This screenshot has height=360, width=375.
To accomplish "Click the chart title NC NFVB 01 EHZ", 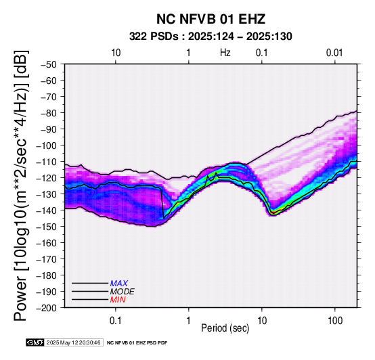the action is tap(211, 19).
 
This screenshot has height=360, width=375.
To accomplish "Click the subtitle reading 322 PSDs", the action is tap(154, 37).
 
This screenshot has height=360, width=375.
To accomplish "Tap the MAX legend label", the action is tap(119, 284).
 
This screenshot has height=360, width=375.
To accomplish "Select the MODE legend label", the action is tap(123, 292).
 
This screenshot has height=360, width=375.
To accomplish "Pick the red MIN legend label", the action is tap(118, 300).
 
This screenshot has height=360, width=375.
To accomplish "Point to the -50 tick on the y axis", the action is tap(48, 64).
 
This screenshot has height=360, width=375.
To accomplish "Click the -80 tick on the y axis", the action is tap(48, 113).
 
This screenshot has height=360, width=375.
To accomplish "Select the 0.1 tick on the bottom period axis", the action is tap(116, 321).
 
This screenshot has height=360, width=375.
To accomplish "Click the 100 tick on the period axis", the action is tap(335, 321).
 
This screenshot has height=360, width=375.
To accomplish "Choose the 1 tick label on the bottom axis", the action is tap(189, 321).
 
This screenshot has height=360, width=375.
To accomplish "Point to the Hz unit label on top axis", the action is tap(225, 53).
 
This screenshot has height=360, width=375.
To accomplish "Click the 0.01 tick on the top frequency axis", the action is tap(334, 53).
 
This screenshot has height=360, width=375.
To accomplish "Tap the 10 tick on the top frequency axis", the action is tap(116, 53).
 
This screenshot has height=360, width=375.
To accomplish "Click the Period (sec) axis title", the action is tap(225, 328).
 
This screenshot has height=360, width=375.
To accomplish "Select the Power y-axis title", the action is tap(21, 185).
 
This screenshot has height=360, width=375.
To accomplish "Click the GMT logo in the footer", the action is tap(35, 342).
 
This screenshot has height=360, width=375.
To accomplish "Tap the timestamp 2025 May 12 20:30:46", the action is tap(73, 342).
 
